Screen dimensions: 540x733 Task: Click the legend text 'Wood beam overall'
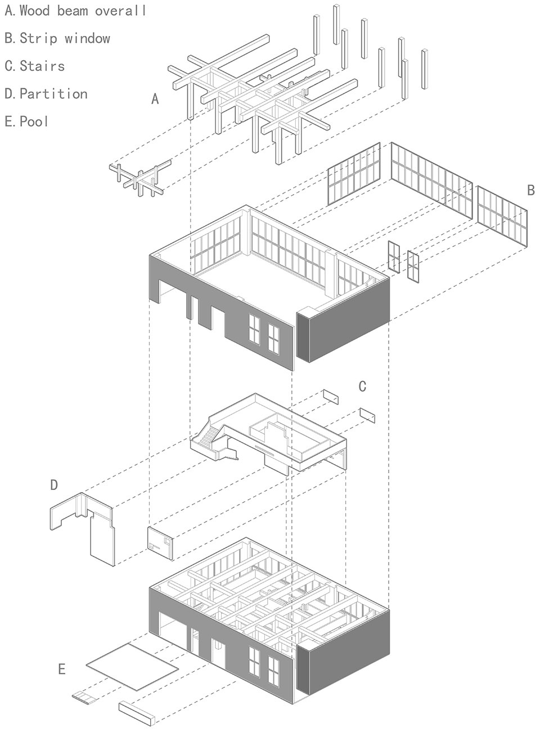(x=83, y=11)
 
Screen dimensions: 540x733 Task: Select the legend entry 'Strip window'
(x=65, y=38)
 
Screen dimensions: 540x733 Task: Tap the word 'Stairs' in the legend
(x=42, y=66)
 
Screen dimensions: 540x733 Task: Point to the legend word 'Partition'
(x=53, y=94)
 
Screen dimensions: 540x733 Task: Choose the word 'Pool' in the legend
(x=34, y=122)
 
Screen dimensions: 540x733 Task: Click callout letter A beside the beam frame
(x=155, y=99)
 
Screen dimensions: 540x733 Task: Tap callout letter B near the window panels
(x=531, y=190)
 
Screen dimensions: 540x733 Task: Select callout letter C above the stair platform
(x=362, y=386)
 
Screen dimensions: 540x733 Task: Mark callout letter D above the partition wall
(x=54, y=484)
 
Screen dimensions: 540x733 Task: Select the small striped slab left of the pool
(x=84, y=686)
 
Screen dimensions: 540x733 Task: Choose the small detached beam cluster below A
(x=141, y=178)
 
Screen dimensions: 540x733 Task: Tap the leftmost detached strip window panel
(x=354, y=174)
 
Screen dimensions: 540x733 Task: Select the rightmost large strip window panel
(x=502, y=217)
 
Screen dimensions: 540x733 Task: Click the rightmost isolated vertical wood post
(x=425, y=69)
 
